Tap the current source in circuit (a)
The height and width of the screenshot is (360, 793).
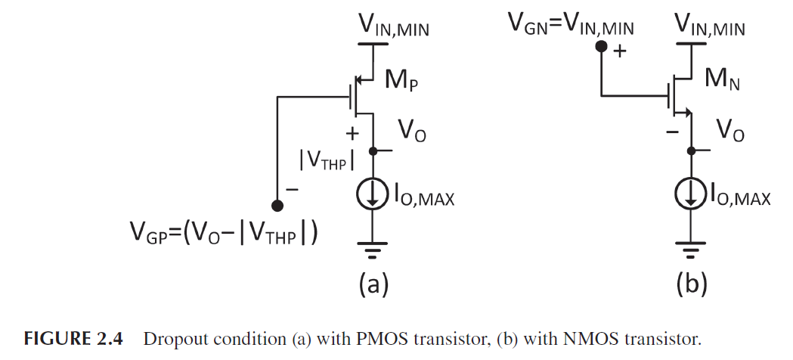pos(372,196)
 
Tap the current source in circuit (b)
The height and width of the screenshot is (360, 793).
pos(691,196)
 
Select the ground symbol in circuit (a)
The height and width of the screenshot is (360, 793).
pos(372,246)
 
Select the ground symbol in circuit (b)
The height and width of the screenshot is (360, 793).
pos(691,246)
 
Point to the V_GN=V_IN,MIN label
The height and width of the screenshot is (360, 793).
pos(572,28)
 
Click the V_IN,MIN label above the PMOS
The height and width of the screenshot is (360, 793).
pos(391,29)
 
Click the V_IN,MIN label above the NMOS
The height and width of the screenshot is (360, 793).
pos(710,29)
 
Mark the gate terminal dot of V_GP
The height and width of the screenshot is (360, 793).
pos(278,205)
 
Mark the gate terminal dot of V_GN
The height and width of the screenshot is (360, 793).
pos(602,47)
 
